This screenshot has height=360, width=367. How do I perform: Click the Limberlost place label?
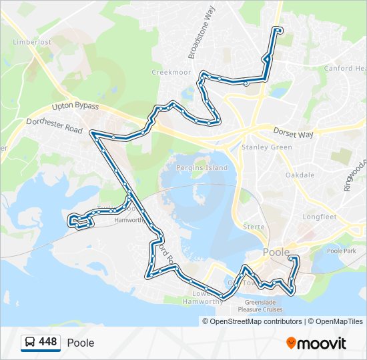tap(31, 42)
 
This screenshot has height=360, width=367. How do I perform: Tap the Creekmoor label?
tap(171, 72)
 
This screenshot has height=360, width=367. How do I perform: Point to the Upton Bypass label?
tap(75, 107)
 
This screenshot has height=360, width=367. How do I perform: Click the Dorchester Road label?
tap(54, 125)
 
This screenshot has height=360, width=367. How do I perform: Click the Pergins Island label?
tap(202, 168)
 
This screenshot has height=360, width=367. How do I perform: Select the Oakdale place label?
tap(300, 175)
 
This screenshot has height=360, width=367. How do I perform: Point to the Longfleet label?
tap(320, 217)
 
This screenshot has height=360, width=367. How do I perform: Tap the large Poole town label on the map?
tap(276, 252)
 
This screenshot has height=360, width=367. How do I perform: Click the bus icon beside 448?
tap(29, 343)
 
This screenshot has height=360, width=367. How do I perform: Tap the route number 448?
tap(48, 342)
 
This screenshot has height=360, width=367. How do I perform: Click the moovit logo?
tap(316, 343)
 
